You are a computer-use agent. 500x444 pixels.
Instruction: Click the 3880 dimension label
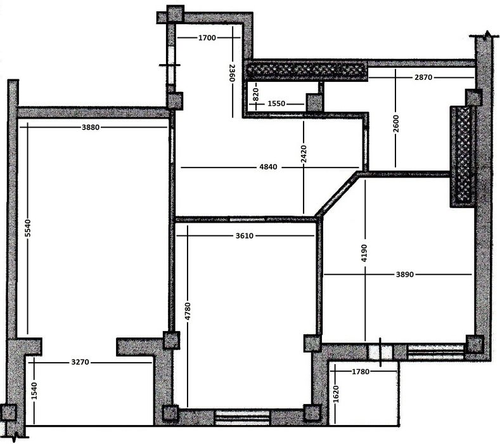pyautogui.click(x=91, y=127)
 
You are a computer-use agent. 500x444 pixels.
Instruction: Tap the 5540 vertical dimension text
pyautogui.click(x=28, y=228)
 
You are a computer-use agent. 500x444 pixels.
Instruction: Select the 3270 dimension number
pyautogui.click(x=80, y=362)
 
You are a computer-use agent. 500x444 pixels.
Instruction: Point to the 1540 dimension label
pyautogui.click(x=34, y=391)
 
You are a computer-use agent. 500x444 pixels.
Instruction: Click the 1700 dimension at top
pyautogui.click(x=207, y=38)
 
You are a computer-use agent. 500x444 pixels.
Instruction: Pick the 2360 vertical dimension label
pyautogui.click(x=232, y=73)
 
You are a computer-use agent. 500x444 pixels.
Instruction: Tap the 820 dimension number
pyautogui.click(x=255, y=95)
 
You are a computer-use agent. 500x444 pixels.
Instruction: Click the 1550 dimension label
pyautogui.click(x=276, y=104)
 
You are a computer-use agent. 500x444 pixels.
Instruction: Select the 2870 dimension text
pyautogui.click(x=423, y=77)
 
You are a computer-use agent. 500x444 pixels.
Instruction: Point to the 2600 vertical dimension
pyautogui.click(x=395, y=124)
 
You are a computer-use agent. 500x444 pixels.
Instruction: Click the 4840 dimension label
pyautogui.click(x=269, y=167)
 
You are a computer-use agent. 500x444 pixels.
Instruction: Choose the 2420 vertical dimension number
pyautogui.click(x=304, y=154)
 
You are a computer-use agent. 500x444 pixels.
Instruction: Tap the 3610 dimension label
pyautogui.click(x=245, y=236)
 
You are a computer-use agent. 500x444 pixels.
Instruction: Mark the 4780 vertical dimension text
pyautogui.click(x=188, y=311)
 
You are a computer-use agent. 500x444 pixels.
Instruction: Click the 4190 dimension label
pyautogui.click(x=365, y=253)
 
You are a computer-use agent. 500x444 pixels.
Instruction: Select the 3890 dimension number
pyautogui.click(x=405, y=275)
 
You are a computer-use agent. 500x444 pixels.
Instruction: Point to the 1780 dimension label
pyautogui.click(x=361, y=372)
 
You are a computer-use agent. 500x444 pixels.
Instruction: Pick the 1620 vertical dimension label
pyautogui.click(x=335, y=394)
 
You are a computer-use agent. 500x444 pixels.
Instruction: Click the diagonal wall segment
pyautogui.click(x=337, y=195)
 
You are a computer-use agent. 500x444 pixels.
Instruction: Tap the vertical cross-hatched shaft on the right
pyautogui.click(x=463, y=157)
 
